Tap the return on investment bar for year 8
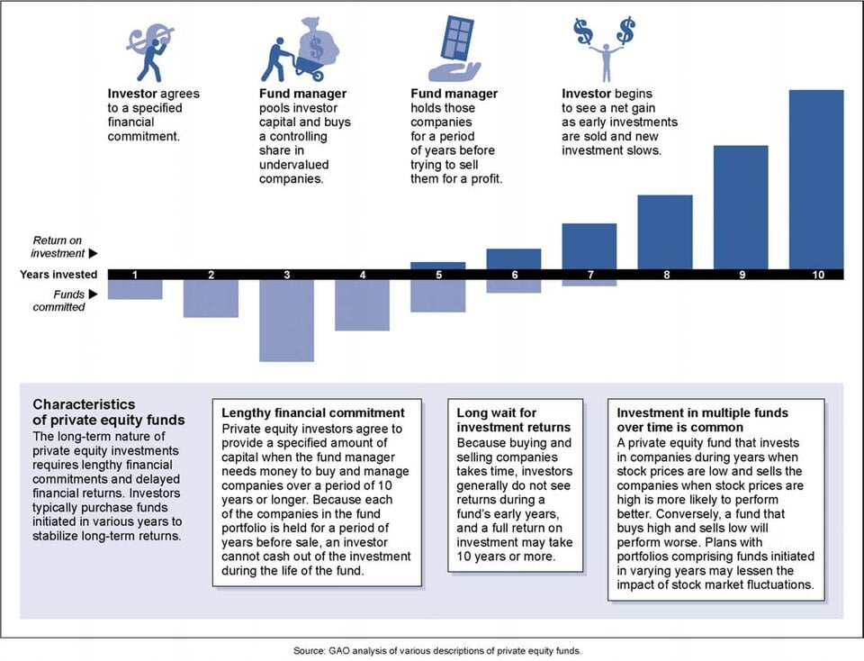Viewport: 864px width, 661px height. [x=665, y=231]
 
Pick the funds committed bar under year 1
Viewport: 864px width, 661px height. [x=135, y=289]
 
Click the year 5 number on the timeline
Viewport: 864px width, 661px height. [x=438, y=275]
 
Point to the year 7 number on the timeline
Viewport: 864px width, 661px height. [x=589, y=275]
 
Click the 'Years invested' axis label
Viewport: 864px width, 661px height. [x=59, y=275]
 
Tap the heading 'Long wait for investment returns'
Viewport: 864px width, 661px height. [x=513, y=420]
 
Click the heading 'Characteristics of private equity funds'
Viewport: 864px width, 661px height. [x=108, y=412]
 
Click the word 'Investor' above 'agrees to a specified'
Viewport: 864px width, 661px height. [x=131, y=94]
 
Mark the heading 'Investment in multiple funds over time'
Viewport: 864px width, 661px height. [x=702, y=420]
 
